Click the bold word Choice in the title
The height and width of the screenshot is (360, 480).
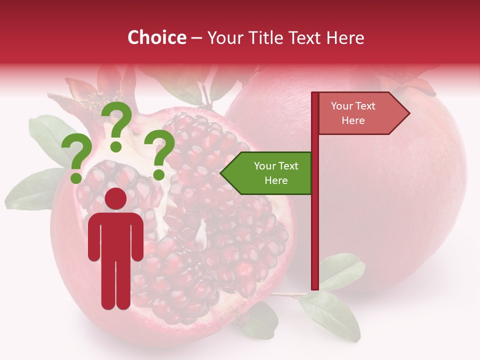pos(156,38)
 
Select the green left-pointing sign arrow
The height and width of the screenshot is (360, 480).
pos(267,173)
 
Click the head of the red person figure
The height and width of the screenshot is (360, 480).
pos(116,199)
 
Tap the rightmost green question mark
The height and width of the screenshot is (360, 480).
pos(159,153)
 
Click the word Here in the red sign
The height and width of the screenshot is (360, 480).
pos(353,120)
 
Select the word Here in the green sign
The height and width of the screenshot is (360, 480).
pos(276,180)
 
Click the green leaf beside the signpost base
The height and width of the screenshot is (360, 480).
pos(341,270)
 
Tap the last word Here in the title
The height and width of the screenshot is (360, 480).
pos(345,38)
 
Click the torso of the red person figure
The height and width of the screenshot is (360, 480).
pos(116,235)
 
